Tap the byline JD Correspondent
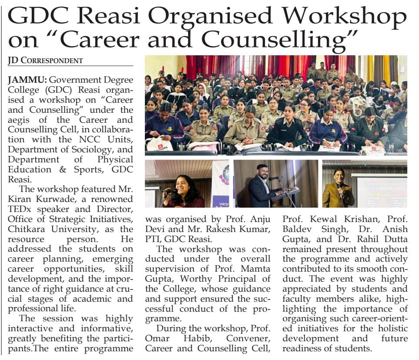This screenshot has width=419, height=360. click(45, 61)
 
